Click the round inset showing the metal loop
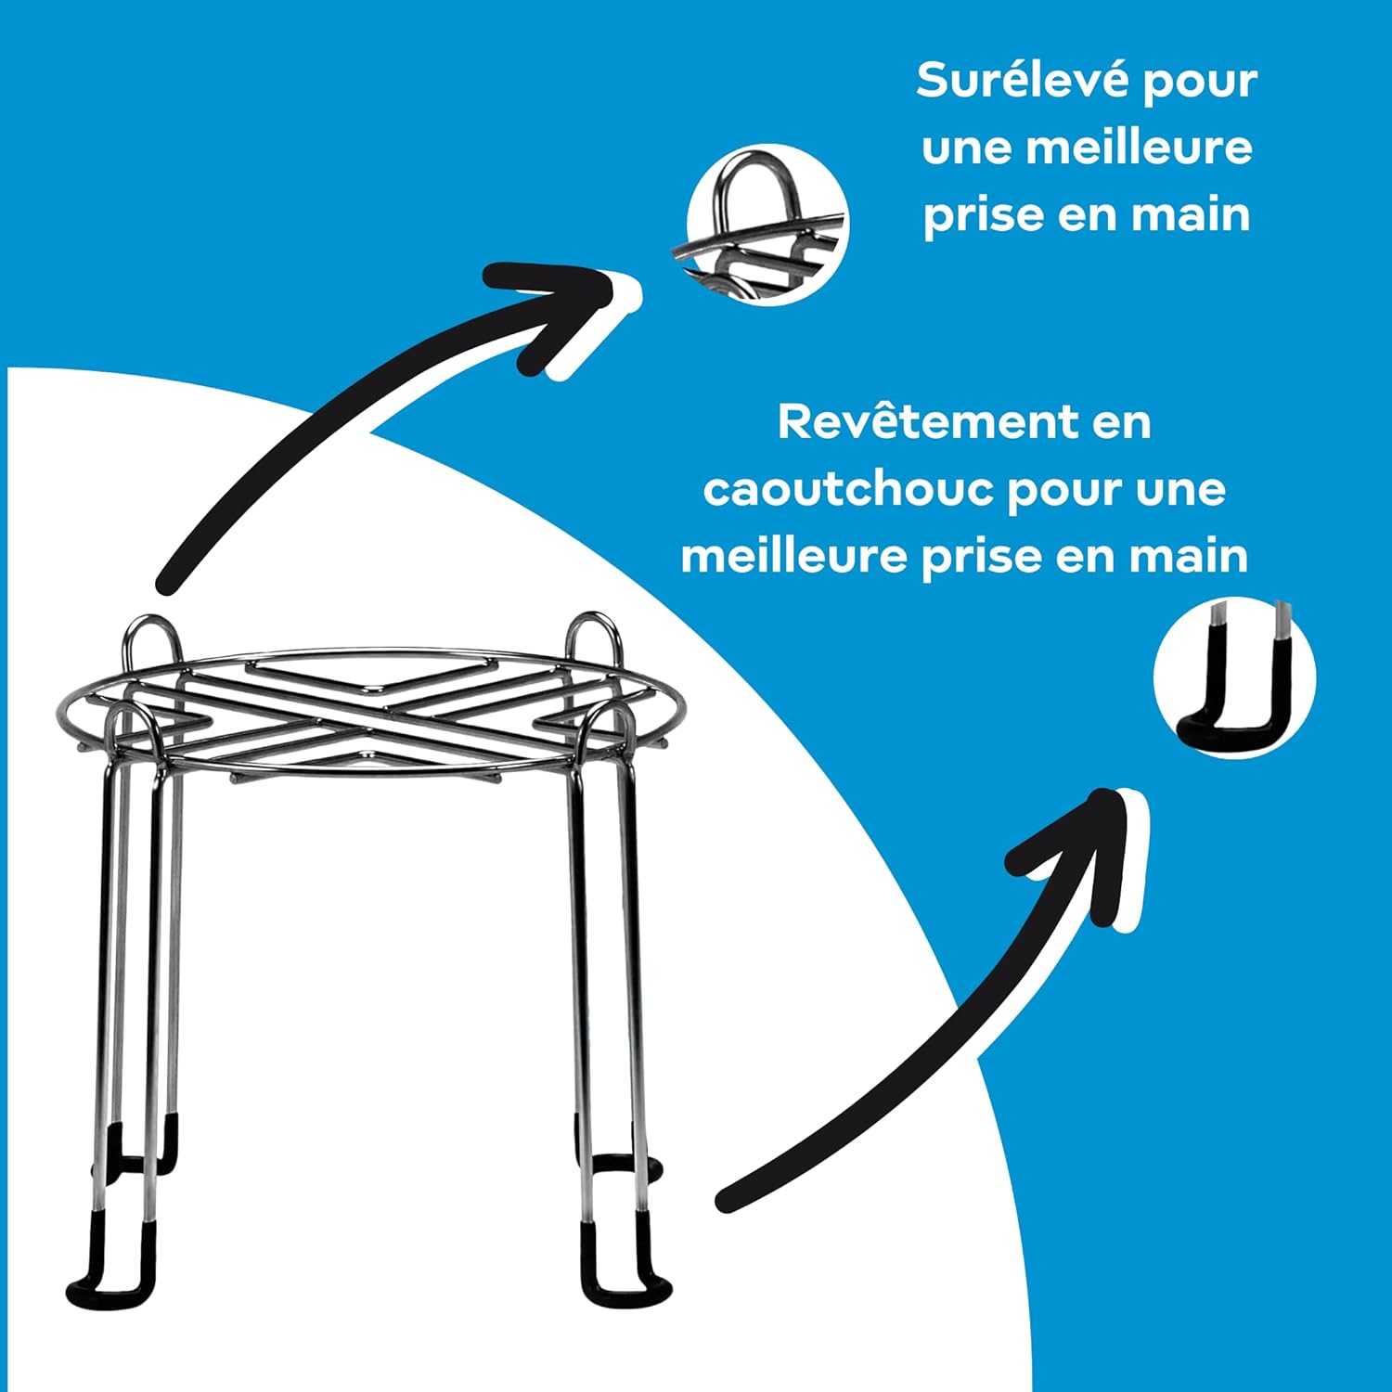click(767, 225)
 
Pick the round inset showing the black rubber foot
click(1234, 677)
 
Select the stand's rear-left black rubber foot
click(139, 1151)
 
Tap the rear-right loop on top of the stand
click(595, 637)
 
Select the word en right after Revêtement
click(1122, 424)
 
